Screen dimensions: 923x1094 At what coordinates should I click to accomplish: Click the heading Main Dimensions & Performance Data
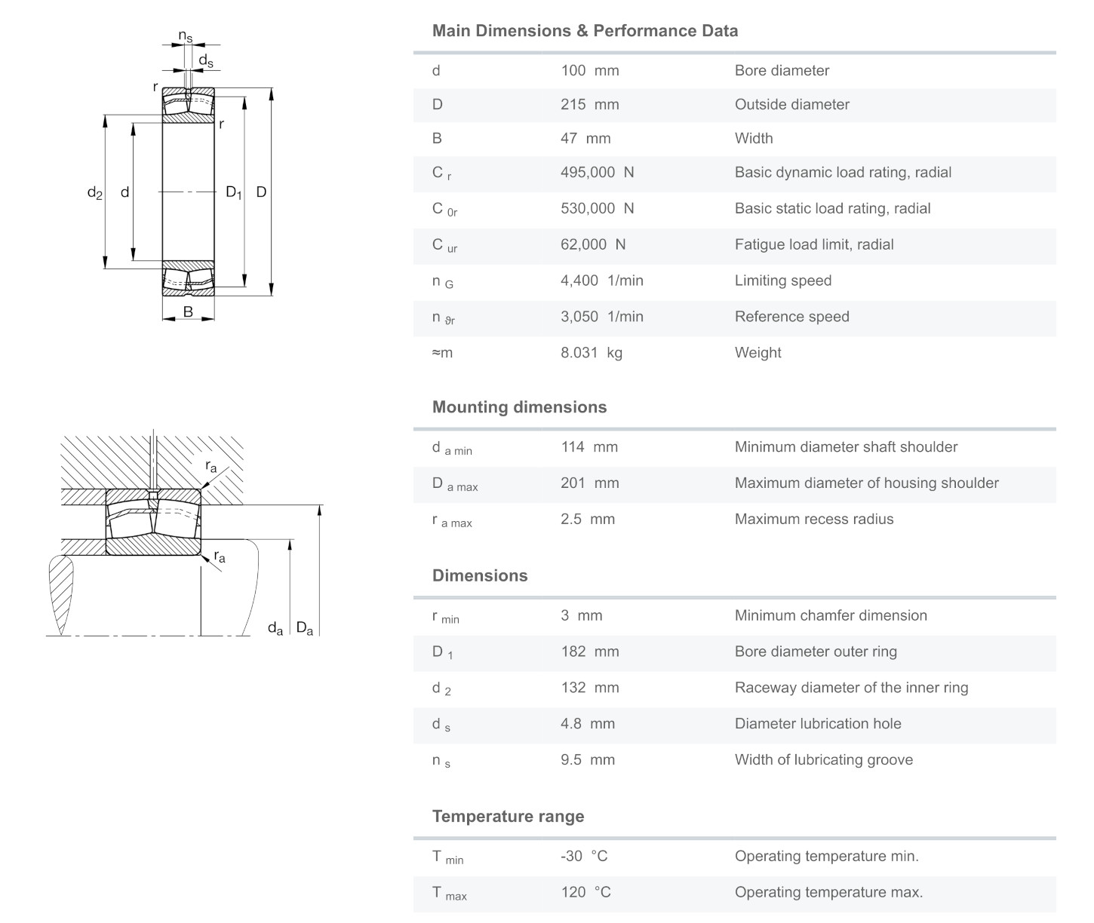click(585, 31)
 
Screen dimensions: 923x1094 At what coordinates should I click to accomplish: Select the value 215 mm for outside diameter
click(589, 105)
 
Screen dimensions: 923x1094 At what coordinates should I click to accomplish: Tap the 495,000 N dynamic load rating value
click(597, 173)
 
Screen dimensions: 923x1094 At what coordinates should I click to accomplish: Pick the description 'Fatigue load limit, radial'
click(814, 244)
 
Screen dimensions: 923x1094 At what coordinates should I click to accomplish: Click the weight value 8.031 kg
click(591, 353)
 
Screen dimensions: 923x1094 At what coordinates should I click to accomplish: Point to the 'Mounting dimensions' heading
click(519, 407)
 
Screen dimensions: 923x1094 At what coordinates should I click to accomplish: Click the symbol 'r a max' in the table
click(452, 520)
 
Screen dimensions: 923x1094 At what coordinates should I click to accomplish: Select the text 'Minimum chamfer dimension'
click(831, 615)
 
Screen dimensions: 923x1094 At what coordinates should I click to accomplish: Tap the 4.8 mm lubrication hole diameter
click(587, 724)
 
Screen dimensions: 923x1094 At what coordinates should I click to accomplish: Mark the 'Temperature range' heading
click(508, 817)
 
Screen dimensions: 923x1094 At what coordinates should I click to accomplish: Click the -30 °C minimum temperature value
click(583, 857)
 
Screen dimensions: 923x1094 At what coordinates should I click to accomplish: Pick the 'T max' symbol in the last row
click(449, 894)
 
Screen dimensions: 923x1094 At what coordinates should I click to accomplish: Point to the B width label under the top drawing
click(188, 311)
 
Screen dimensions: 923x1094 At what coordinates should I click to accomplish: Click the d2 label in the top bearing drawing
click(94, 193)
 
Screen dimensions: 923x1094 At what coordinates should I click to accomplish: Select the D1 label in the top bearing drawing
click(234, 193)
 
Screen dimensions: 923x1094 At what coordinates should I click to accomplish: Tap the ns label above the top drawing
click(186, 36)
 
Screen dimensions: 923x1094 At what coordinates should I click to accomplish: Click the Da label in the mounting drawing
click(304, 628)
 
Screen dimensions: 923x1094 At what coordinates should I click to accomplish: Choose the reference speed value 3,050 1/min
click(601, 317)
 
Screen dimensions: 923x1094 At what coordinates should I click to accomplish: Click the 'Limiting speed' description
click(782, 281)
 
